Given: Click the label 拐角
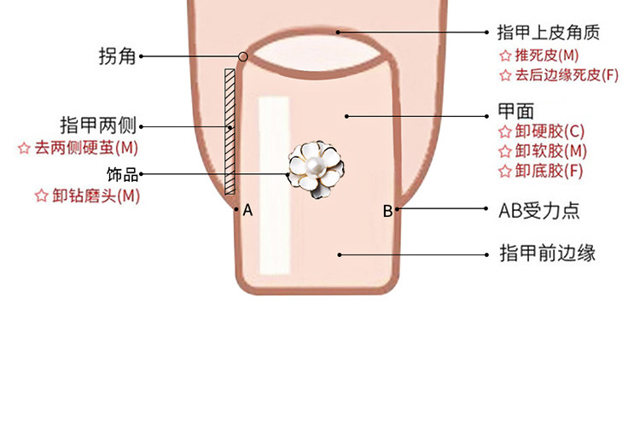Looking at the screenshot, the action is click(x=117, y=57).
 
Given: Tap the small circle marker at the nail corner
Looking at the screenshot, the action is click(x=243, y=57).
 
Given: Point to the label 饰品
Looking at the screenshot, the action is click(x=122, y=174).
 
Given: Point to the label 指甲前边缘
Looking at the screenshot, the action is click(x=546, y=254).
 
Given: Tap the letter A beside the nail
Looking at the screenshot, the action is click(x=247, y=209).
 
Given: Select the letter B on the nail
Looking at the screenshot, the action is click(x=387, y=211).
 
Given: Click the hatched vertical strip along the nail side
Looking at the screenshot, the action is click(x=230, y=132).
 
